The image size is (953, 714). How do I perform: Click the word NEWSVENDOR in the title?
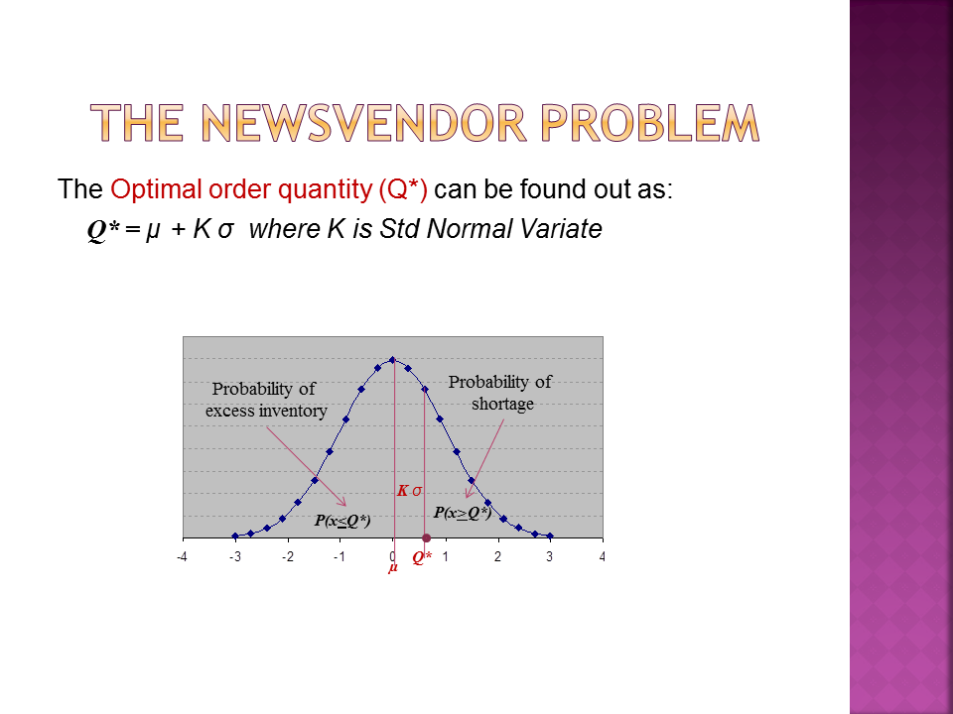click(x=363, y=123)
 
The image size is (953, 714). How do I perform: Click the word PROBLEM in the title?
click(x=649, y=123)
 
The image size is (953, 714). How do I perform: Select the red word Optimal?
click(x=156, y=189)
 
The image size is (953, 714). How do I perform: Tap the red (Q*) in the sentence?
click(x=403, y=189)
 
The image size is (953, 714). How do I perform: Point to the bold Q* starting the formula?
click(x=103, y=230)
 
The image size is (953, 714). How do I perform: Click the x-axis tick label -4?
click(x=181, y=556)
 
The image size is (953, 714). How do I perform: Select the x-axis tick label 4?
click(x=602, y=556)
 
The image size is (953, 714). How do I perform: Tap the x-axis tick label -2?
click(x=287, y=556)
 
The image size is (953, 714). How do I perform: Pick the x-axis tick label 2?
click(x=497, y=556)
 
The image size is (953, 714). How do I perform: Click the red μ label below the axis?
click(x=393, y=567)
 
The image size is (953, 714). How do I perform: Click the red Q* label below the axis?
click(x=422, y=557)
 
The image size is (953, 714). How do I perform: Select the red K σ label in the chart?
click(x=409, y=491)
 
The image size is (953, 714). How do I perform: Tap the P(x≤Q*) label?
click(x=342, y=521)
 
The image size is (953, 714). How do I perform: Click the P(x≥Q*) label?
click(x=462, y=513)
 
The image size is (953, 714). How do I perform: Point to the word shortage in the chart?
click(x=502, y=404)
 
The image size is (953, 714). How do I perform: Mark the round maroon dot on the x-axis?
click(x=426, y=537)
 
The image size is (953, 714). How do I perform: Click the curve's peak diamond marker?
click(x=392, y=359)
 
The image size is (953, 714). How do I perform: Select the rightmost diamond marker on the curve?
click(x=550, y=536)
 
